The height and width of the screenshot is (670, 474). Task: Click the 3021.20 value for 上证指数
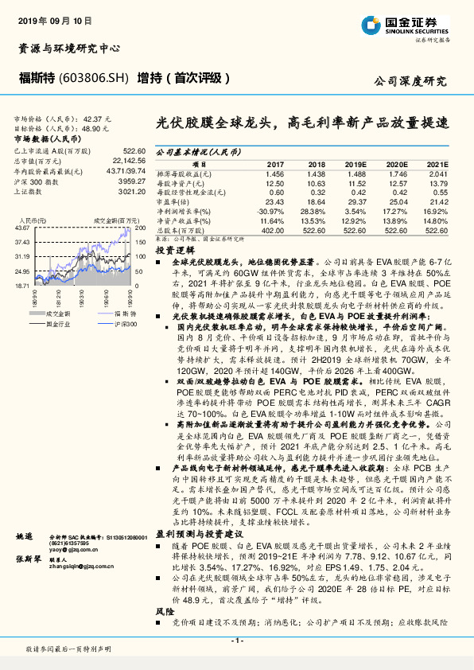(130, 193)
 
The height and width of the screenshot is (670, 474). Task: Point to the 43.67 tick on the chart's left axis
(21, 228)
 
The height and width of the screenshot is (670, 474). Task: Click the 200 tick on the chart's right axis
(138, 228)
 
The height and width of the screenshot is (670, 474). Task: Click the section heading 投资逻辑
(170, 249)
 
